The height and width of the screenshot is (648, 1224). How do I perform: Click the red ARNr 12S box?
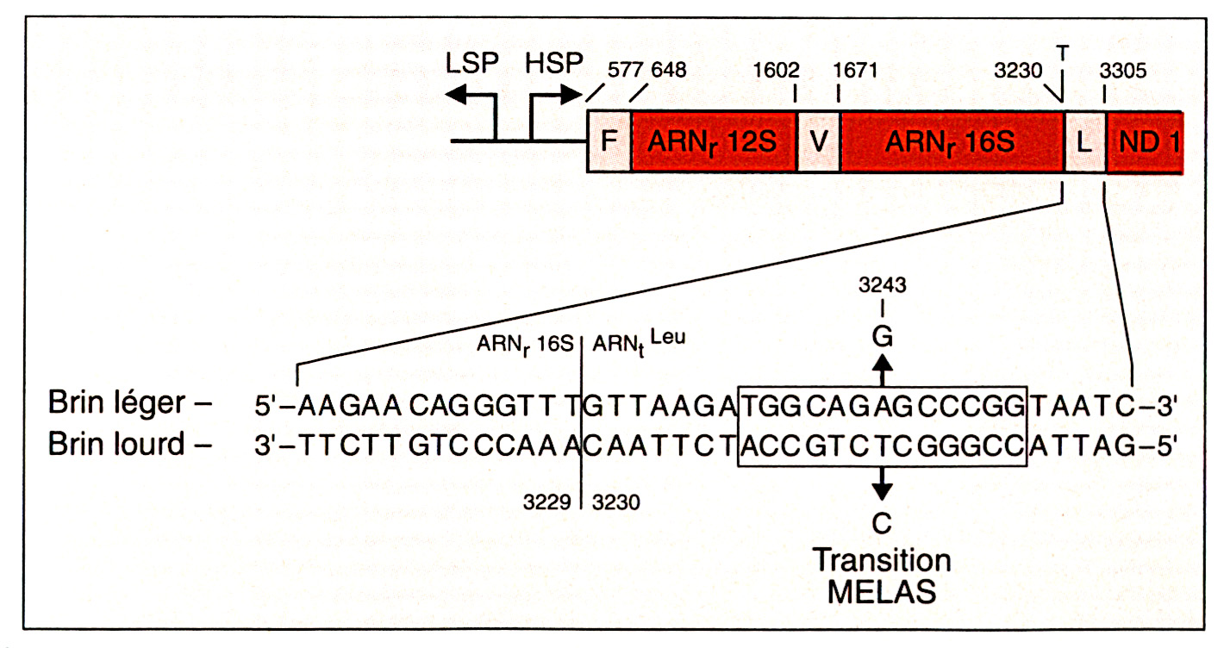coord(714,140)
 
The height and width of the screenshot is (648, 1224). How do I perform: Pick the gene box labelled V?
coord(818,140)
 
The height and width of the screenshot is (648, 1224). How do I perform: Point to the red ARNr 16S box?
coord(952,140)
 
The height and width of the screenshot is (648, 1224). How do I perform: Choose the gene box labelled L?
coord(1085,140)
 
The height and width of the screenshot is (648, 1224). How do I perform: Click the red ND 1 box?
coord(1144,140)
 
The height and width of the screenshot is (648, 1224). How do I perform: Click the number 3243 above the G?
coord(881,285)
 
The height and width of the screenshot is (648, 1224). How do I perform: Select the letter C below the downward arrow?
coord(881,524)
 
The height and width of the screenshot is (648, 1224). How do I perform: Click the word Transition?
coord(882,560)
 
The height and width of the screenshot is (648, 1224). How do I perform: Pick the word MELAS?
coord(882,592)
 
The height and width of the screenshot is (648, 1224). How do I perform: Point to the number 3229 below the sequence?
coord(550,502)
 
